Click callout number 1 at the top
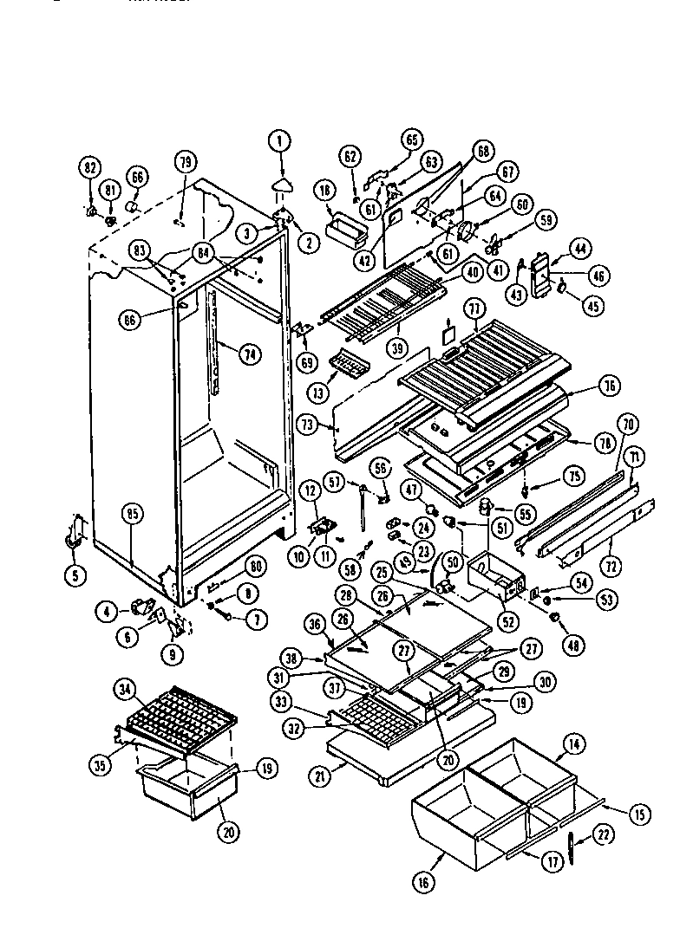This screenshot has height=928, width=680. (279, 140)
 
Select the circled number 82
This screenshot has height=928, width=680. (89, 168)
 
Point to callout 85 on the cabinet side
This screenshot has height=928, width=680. (133, 514)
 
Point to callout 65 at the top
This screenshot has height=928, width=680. (412, 140)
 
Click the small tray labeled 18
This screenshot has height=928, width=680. (345, 230)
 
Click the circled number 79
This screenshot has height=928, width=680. (184, 162)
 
